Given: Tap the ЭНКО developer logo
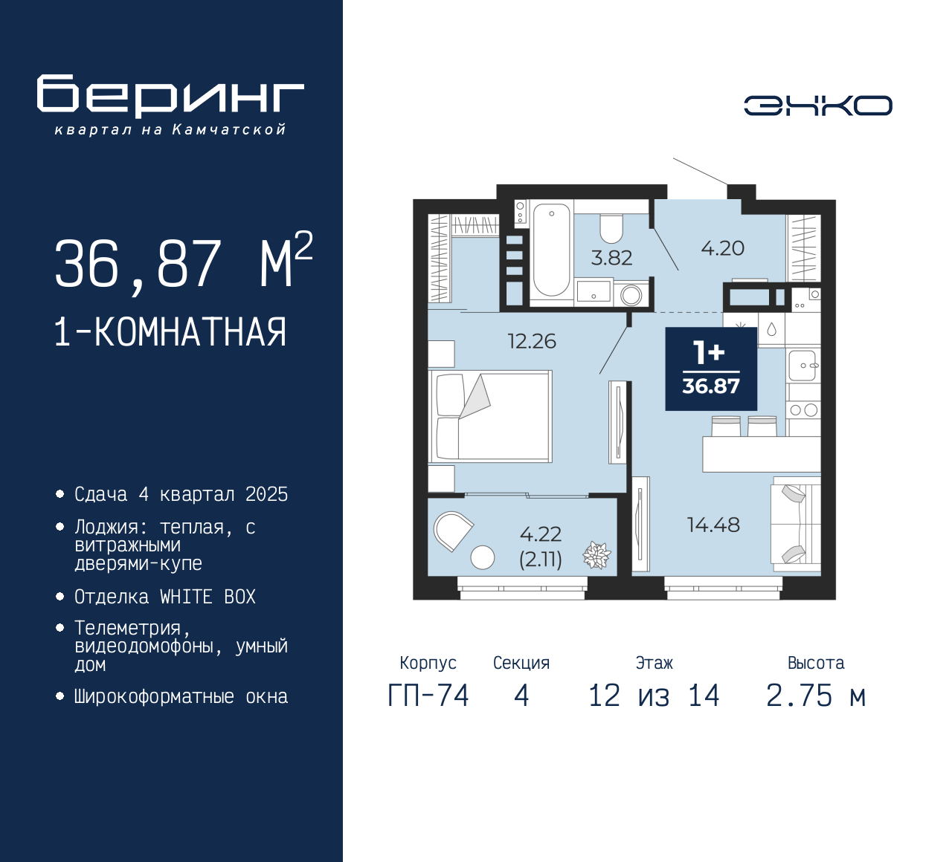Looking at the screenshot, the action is pos(817,106).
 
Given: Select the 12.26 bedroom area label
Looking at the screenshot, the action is pos(532,341).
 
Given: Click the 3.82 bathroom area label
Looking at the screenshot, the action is pos(611,258).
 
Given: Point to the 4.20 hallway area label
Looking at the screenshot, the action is pos(723,248).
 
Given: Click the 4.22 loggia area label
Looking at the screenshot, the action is pos(541,534).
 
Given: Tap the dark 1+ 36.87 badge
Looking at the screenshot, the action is pos(711,369).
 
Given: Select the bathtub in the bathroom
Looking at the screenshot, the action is pos(551,250).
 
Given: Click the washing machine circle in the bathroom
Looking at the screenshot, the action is pos(631,296).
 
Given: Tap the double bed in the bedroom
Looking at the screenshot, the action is pos(490,416).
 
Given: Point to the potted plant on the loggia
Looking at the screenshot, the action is pos(596,555).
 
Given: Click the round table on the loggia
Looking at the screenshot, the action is pos(482,557).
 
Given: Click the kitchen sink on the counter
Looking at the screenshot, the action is pos(803,365).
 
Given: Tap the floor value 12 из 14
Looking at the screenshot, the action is pos(654,696).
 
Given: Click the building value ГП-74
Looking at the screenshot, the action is pos(428,696).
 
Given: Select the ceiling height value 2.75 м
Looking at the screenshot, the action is pos(816,696).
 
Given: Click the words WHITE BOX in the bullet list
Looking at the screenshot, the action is pos(208,597).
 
